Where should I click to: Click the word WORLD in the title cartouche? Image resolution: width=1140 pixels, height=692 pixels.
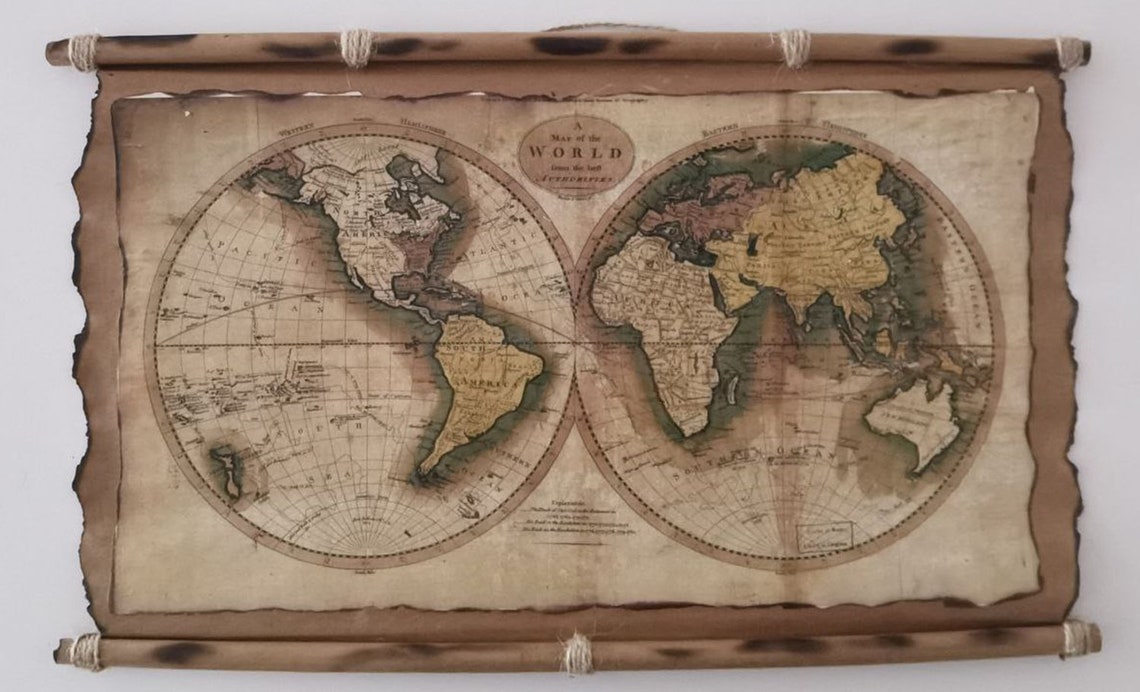click(x=576, y=153)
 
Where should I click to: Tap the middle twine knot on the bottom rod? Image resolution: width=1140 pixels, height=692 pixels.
click(x=576, y=652)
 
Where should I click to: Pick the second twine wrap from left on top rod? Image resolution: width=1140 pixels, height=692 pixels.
click(x=356, y=47)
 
